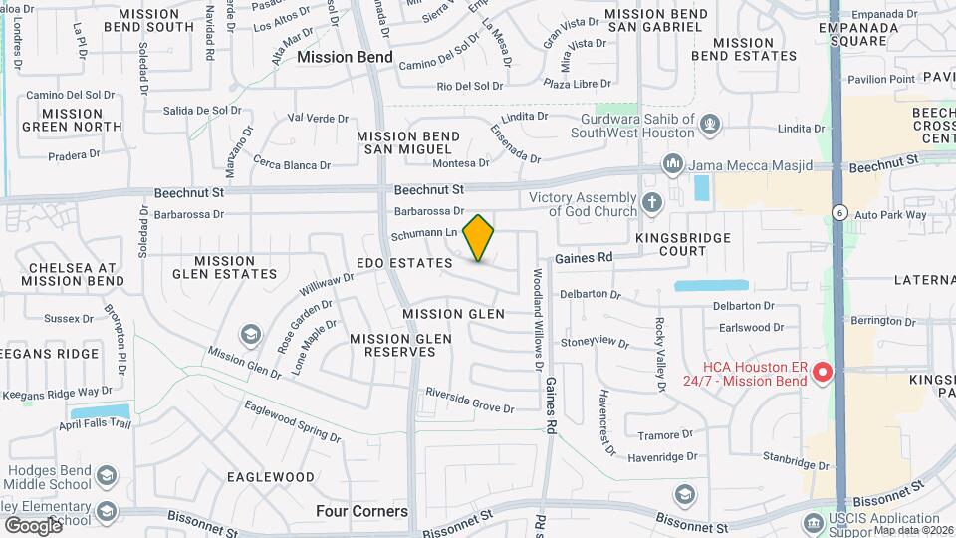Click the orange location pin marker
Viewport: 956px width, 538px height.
[479, 237]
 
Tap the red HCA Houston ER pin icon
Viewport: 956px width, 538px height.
[823, 373]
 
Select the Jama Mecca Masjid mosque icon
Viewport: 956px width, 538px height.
[672, 163]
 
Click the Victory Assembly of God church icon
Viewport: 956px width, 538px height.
[653, 203]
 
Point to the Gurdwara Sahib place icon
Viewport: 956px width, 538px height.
[709, 124]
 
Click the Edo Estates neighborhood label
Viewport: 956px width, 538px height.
[404, 263]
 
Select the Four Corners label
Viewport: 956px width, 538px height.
[361, 511]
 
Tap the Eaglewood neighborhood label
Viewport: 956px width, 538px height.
[271, 477]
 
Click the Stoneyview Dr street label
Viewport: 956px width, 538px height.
[595, 342]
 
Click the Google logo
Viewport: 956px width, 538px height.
[33, 525]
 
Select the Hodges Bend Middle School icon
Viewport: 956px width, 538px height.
[106, 476]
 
